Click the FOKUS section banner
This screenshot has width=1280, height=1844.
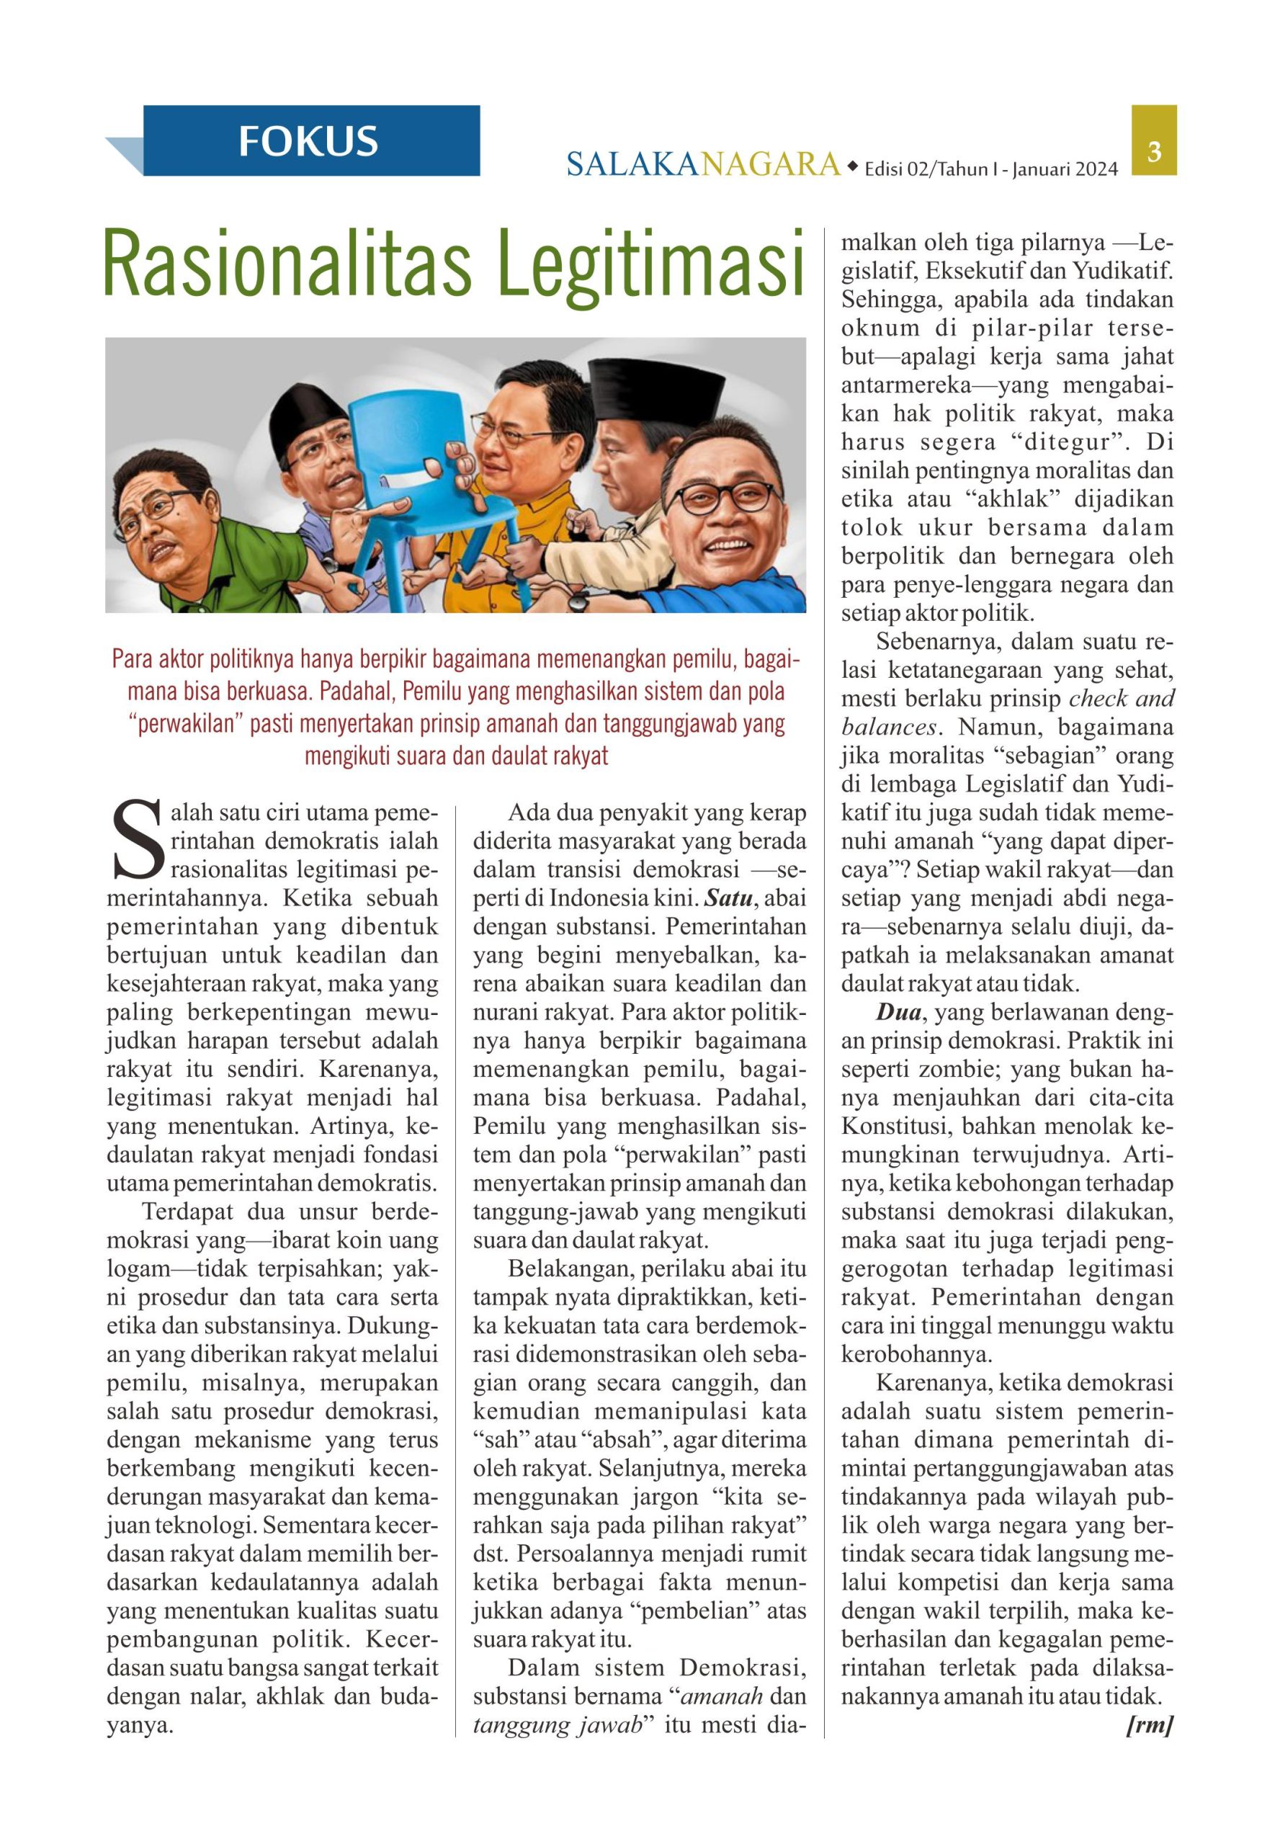click(x=309, y=140)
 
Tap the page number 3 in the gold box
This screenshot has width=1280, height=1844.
click(x=1155, y=150)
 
